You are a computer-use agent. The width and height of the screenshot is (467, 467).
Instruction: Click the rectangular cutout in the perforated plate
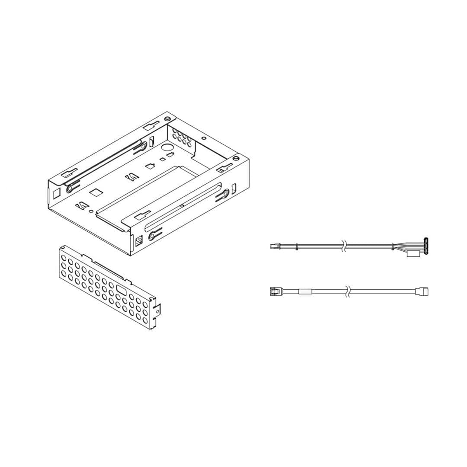pyautogui.click(x=122, y=291)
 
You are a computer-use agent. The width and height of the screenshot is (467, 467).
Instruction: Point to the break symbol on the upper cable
pyautogui.click(x=344, y=247)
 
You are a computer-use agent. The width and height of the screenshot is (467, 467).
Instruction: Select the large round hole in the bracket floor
pyautogui.click(x=165, y=147)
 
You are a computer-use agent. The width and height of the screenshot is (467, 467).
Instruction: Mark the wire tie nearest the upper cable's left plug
pyautogui.click(x=297, y=247)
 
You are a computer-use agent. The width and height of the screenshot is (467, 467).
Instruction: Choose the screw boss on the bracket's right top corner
pyautogui.click(x=235, y=159)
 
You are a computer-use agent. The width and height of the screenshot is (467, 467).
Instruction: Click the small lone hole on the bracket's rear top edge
pyautogui.click(x=204, y=138)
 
